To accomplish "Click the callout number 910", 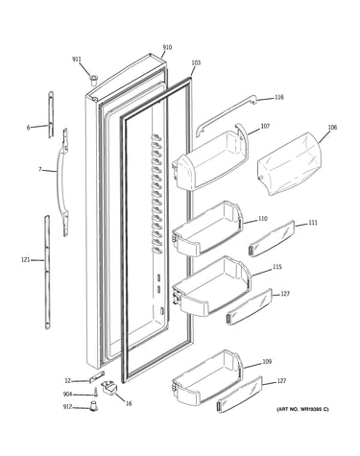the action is click(x=167, y=48).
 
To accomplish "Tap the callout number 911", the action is click(x=77, y=60).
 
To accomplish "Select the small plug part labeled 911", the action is click(x=93, y=80).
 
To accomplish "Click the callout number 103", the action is click(x=196, y=62).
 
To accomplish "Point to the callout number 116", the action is click(x=279, y=97).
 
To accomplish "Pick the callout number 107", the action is click(x=265, y=126).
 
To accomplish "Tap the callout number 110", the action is click(x=262, y=219).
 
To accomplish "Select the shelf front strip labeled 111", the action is click(x=272, y=238).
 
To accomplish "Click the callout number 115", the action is click(x=277, y=267).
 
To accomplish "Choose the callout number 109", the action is click(x=267, y=362).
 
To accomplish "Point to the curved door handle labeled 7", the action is click(x=63, y=182).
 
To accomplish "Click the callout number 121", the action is click(x=25, y=260).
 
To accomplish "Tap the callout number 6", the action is click(x=28, y=128).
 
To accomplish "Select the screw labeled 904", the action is click(x=95, y=392).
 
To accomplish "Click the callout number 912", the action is click(x=68, y=407).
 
